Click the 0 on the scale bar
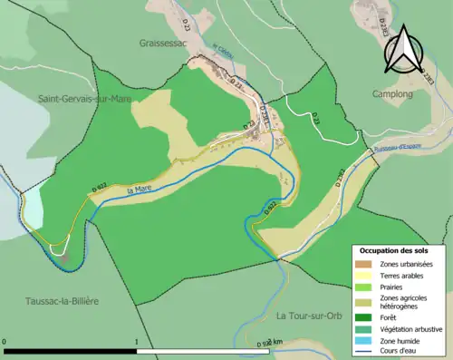[5, 343]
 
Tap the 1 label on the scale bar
[136, 343]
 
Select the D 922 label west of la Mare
[100, 187]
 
